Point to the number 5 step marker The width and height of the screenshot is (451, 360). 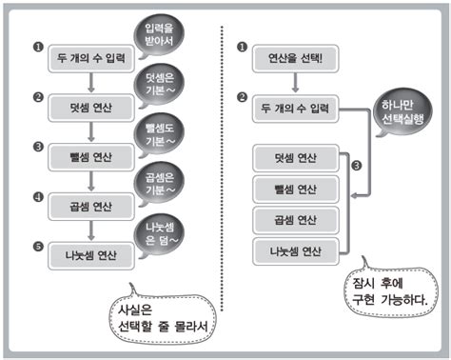35,246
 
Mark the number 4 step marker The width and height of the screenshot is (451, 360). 35,197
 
